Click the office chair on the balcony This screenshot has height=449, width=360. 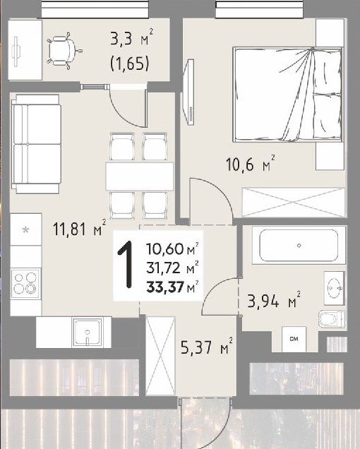64,51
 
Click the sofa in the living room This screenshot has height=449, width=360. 36,144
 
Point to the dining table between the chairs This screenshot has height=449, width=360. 140,176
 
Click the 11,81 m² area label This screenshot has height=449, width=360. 80,229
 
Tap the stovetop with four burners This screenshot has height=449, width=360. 25,284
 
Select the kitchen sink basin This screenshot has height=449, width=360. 88,333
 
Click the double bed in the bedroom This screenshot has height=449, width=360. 288,95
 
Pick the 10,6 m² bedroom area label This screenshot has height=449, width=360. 251,164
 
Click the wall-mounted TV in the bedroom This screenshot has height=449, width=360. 189,92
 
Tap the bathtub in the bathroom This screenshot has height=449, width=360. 299,245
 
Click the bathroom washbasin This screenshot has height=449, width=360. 334,288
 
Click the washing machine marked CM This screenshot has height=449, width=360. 294,340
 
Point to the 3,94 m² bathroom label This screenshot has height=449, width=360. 274,301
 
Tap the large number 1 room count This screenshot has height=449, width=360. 126,264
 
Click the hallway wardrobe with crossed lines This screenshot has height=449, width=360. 160,355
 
